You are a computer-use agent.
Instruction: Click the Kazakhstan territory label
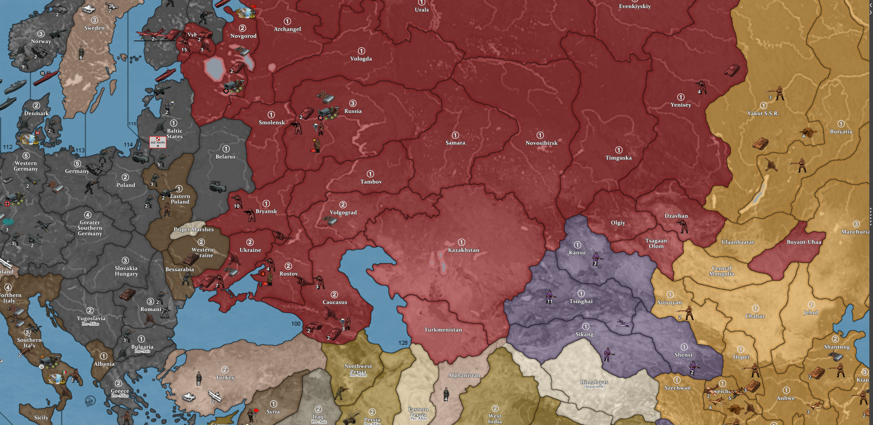coord(463,250)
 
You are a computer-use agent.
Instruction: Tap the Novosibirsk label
coord(541,143)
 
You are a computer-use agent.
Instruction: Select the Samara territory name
coord(455,143)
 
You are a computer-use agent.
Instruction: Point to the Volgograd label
coord(343,213)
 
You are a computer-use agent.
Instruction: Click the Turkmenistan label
coord(443,330)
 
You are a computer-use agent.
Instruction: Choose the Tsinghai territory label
coord(581,302)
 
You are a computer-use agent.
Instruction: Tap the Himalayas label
coord(594,383)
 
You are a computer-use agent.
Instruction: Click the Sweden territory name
coord(94,28)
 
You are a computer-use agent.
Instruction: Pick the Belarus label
coord(225,157)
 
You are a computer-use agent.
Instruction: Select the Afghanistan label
coord(464,375)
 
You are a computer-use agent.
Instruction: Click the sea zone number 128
coord(403,343)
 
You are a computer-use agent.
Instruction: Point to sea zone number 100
coord(296,324)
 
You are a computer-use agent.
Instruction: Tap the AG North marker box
coord(158,142)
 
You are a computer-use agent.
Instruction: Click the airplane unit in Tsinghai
coord(624,324)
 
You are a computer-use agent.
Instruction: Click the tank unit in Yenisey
coord(731,70)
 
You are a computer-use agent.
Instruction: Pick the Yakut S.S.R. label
coord(763,113)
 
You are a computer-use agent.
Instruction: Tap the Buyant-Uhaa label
coord(803,242)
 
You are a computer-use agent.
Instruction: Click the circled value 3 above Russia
coord(352,103)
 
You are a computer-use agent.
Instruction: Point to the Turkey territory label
coord(225,378)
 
